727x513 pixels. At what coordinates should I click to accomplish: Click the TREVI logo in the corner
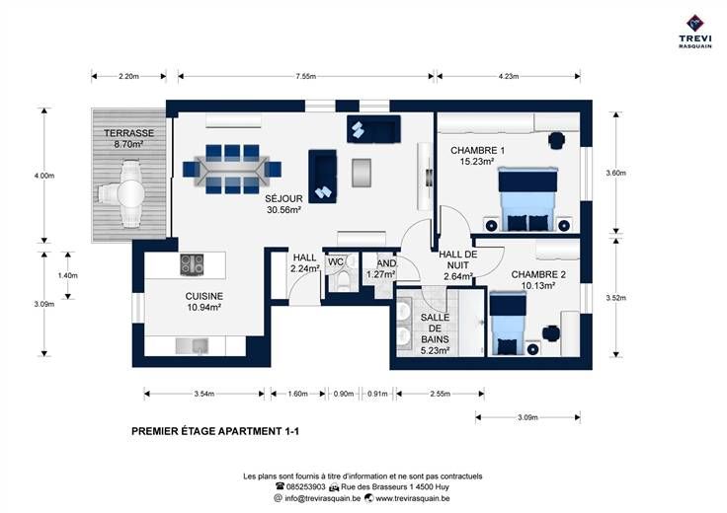point(695,32)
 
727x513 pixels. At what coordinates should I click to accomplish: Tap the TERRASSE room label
point(128,133)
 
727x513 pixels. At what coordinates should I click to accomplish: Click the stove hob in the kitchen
point(192,264)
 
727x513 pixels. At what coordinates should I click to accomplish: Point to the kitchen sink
point(192,346)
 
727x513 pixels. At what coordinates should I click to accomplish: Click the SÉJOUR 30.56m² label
point(283,204)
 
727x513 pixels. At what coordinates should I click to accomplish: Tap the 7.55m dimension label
point(305,76)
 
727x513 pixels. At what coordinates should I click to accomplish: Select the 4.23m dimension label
point(509,76)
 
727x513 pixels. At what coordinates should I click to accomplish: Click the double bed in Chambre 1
point(527,199)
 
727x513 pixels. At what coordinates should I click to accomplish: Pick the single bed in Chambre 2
point(508,324)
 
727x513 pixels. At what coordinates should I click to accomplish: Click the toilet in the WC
point(343,279)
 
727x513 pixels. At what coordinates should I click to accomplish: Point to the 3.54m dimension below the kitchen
point(204,394)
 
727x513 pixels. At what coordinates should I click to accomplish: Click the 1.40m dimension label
point(68,275)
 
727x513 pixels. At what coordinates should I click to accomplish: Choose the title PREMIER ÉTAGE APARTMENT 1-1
point(215,431)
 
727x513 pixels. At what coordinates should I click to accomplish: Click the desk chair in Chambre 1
point(556,139)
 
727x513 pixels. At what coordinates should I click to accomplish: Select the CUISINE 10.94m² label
point(204,302)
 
